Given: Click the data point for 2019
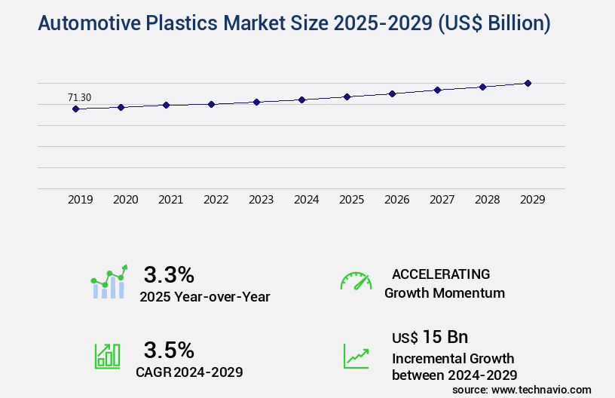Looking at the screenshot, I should click(75, 109).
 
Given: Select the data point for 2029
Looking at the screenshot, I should click(528, 83).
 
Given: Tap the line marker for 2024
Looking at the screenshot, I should click(301, 99).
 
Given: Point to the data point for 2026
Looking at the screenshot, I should click(392, 93).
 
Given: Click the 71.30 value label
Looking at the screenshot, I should click(79, 97).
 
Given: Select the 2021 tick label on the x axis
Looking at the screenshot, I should click(170, 200).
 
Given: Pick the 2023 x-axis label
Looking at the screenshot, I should click(261, 200).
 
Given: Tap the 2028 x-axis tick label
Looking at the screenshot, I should click(487, 200).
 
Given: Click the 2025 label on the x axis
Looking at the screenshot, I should click(351, 200).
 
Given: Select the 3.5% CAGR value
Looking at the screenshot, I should click(169, 350).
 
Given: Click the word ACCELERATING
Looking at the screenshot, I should click(441, 274).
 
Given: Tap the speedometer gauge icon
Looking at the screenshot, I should click(356, 281).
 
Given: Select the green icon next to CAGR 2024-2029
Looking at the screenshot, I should click(106, 356).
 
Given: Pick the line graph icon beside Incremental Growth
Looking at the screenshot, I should click(356, 356).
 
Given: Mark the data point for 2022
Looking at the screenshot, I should click(211, 104).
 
